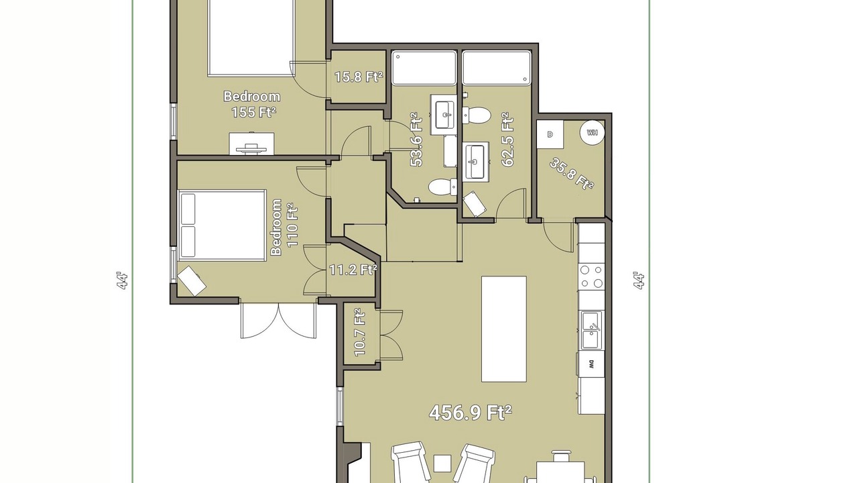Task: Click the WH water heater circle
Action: [592, 133]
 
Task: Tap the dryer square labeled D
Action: [550, 134]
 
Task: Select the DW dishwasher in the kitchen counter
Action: [591, 364]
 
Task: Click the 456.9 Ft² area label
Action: [471, 413]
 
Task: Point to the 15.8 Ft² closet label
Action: [359, 77]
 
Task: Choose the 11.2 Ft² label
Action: [353, 270]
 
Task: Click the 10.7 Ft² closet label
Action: [360, 332]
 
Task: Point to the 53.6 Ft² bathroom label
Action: [416, 140]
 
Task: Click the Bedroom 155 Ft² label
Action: [252, 104]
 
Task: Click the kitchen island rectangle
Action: [503, 329]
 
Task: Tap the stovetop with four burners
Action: [591, 276]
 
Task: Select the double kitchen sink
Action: [591, 331]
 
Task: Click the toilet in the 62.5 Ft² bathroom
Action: [477, 115]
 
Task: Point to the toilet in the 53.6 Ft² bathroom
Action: [443, 187]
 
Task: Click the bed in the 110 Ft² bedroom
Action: [222, 225]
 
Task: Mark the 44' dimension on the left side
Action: [122, 281]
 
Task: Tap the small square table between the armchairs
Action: [443, 463]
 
